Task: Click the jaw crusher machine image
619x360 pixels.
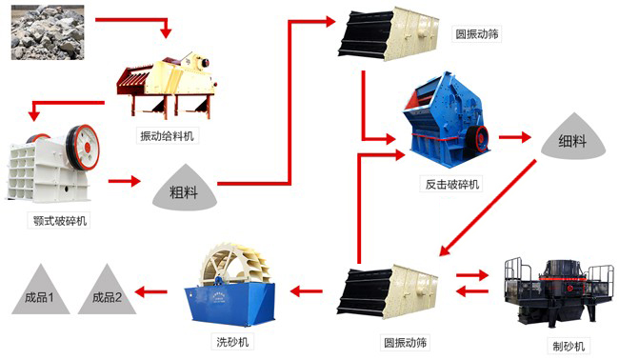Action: click(x=53, y=167)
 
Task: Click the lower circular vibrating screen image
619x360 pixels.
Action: click(x=386, y=287)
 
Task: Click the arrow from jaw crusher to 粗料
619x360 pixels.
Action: click(x=124, y=178)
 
